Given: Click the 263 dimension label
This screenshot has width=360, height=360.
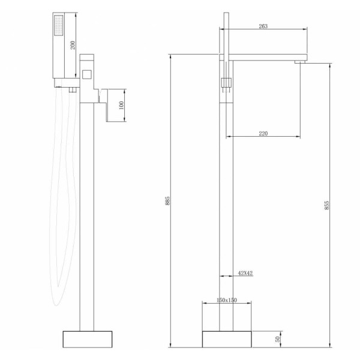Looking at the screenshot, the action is click(263, 26).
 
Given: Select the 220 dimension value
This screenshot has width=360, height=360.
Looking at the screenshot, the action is click(263, 133).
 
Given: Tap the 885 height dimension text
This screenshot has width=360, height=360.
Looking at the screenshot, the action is click(167, 200).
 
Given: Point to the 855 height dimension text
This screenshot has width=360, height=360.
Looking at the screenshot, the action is click(327, 205).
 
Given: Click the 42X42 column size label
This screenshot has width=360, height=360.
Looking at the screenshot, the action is click(245, 273).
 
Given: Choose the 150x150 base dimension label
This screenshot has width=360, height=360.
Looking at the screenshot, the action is click(227, 300).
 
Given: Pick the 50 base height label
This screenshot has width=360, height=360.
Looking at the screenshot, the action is click(278, 339).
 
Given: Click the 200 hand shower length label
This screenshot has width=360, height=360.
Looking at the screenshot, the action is click(73, 45).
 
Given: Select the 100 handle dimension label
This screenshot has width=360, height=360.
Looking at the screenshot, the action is click(121, 105).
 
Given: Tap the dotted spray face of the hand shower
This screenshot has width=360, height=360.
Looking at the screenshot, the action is click(59, 25).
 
